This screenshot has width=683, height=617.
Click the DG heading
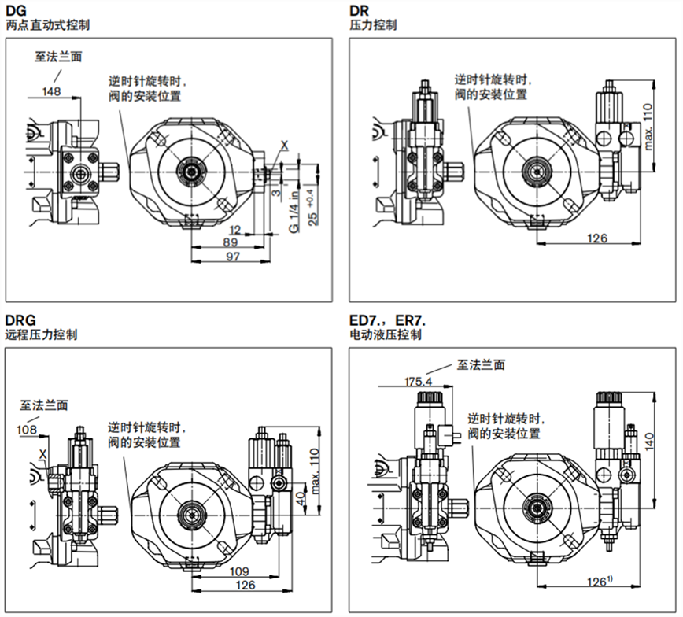pyautogui.click(x=16, y=10)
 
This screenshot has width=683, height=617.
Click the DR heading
pyautogui.click(x=359, y=10)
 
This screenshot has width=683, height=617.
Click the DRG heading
pyautogui.click(x=20, y=320)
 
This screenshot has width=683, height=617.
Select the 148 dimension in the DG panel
pyautogui.click(x=52, y=92)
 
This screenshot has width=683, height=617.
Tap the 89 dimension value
pyautogui.click(x=231, y=242)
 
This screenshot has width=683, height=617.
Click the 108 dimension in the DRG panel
pyautogui.click(x=27, y=430)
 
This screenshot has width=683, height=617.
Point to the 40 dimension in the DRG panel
pyautogui.click(x=299, y=501)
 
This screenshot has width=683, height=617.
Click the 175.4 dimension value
pyautogui.click(x=418, y=380)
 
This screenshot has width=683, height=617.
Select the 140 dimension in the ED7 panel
pyautogui.click(x=650, y=441)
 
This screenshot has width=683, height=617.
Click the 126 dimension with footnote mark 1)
pyautogui.click(x=599, y=582)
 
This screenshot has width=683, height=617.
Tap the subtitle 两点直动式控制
pyautogui.click(x=47, y=25)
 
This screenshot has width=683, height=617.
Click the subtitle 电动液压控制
pyautogui.click(x=386, y=334)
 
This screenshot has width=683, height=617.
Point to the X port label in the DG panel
pyautogui.click(x=284, y=144)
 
